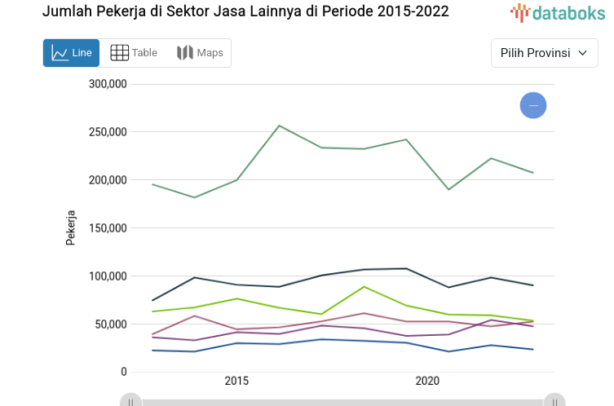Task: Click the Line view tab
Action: pyautogui.click(x=71, y=53)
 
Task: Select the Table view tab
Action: pyautogui.click(x=134, y=53)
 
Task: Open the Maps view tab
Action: pyautogui.click(x=200, y=53)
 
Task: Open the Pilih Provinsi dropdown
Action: pyautogui.click(x=544, y=53)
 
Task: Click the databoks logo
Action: pyautogui.click(x=558, y=12)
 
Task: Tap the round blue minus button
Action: pyautogui.click(x=533, y=105)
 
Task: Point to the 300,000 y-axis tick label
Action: pyautogui.click(x=108, y=84)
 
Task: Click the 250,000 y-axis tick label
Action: pyautogui.click(x=108, y=132)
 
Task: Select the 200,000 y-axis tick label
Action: pyautogui.click(x=108, y=180)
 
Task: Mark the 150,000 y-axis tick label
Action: pyautogui.click(x=108, y=228)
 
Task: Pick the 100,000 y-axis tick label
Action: pyautogui.click(x=108, y=276)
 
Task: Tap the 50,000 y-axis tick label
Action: pyautogui.click(x=111, y=324)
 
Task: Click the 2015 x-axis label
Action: pyautogui.click(x=236, y=382)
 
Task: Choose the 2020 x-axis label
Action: pyautogui.click(x=427, y=382)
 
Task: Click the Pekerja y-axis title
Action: pyautogui.click(x=71, y=228)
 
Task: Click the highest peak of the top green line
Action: pyautogui.click(x=279, y=126)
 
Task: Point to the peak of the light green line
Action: pyautogui.click(x=364, y=286)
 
